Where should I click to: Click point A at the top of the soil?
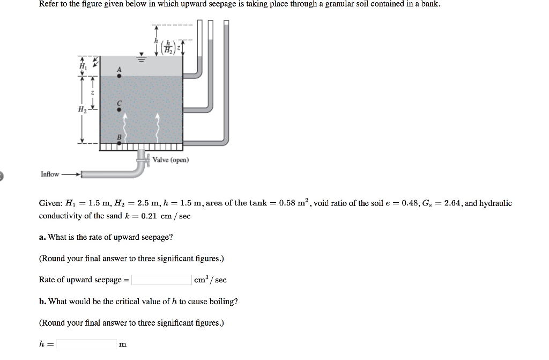(x=119, y=76)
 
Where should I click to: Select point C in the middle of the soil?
(x=119, y=109)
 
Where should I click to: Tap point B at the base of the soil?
(x=119, y=143)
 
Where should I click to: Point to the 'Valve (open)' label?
(x=170, y=160)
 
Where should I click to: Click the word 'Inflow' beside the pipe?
(x=50, y=174)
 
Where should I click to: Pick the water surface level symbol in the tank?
(x=142, y=58)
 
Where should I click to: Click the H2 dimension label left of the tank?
(x=82, y=109)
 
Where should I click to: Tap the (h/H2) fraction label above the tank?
(x=168, y=48)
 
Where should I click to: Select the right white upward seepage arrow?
(x=158, y=124)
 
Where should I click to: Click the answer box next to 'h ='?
(x=86, y=344)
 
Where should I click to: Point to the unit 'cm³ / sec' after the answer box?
(x=210, y=280)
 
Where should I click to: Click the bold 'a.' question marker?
(x=43, y=237)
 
